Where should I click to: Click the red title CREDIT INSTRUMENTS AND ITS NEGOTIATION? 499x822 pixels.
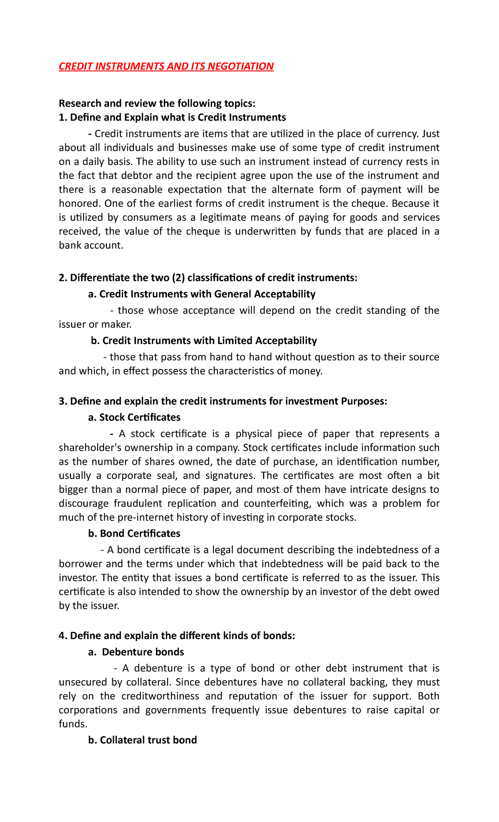[x=166, y=67]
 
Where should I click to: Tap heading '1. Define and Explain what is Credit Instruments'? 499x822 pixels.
[x=172, y=117]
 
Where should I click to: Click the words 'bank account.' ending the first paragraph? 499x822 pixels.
[x=91, y=245]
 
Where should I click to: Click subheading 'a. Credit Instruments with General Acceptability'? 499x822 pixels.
[x=202, y=294]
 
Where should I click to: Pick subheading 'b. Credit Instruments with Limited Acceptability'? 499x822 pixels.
[x=204, y=341]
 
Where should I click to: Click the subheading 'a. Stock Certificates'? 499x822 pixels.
[x=134, y=417]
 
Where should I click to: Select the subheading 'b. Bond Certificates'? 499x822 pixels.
[x=134, y=534]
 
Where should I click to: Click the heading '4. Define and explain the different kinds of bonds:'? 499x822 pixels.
[x=177, y=636]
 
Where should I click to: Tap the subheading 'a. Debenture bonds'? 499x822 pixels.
[x=136, y=652]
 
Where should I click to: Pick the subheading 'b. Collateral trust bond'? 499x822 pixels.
[x=143, y=740]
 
